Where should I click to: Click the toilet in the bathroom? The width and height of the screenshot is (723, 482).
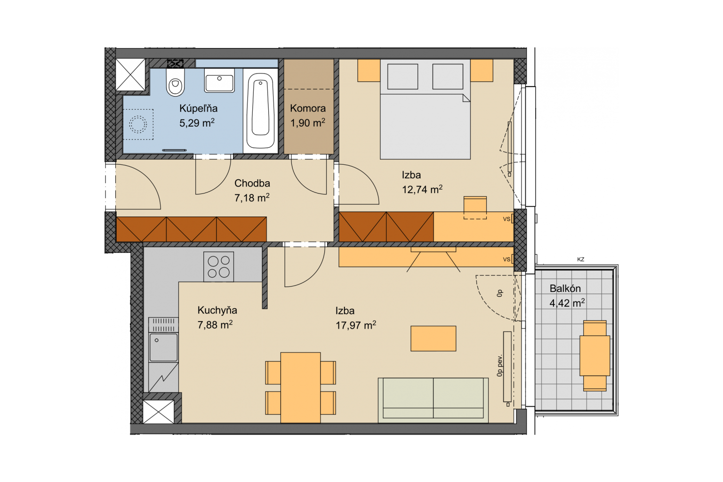(x=175, y=82)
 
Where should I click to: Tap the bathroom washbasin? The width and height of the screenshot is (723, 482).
(x=219, y=80)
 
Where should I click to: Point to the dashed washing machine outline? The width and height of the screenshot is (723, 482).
(x=138, y=124)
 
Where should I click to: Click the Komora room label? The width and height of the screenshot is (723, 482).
(x=307, y=108)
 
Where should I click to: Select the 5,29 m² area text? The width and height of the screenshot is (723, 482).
(x=197, y=123)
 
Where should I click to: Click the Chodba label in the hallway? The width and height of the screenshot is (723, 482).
(x=252, y=183)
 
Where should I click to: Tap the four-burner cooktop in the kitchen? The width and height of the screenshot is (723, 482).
(x=218, y=267)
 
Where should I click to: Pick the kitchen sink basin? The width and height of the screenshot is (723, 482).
(x=163, y=347)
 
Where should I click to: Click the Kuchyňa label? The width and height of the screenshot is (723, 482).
(x=217, y=310)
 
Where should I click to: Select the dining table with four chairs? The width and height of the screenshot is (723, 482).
(x=300, y=388)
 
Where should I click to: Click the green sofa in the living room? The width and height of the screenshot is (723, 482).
(x=433, y=400)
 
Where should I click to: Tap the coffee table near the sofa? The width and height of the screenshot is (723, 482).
(x=433, y=338)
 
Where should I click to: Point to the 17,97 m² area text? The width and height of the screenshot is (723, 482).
(x=356, y=325)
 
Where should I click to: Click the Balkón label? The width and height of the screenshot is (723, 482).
(x=565, y=288)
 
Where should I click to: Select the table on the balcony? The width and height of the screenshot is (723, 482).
(x=595, y=356)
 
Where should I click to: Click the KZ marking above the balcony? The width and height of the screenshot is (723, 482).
(x=581, y=259)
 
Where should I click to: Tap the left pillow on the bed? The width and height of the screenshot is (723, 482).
(x=402, y=77)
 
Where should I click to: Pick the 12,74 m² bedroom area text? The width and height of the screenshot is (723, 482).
(x=422, y=190)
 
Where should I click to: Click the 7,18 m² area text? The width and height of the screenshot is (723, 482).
(x=252, y=198)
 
